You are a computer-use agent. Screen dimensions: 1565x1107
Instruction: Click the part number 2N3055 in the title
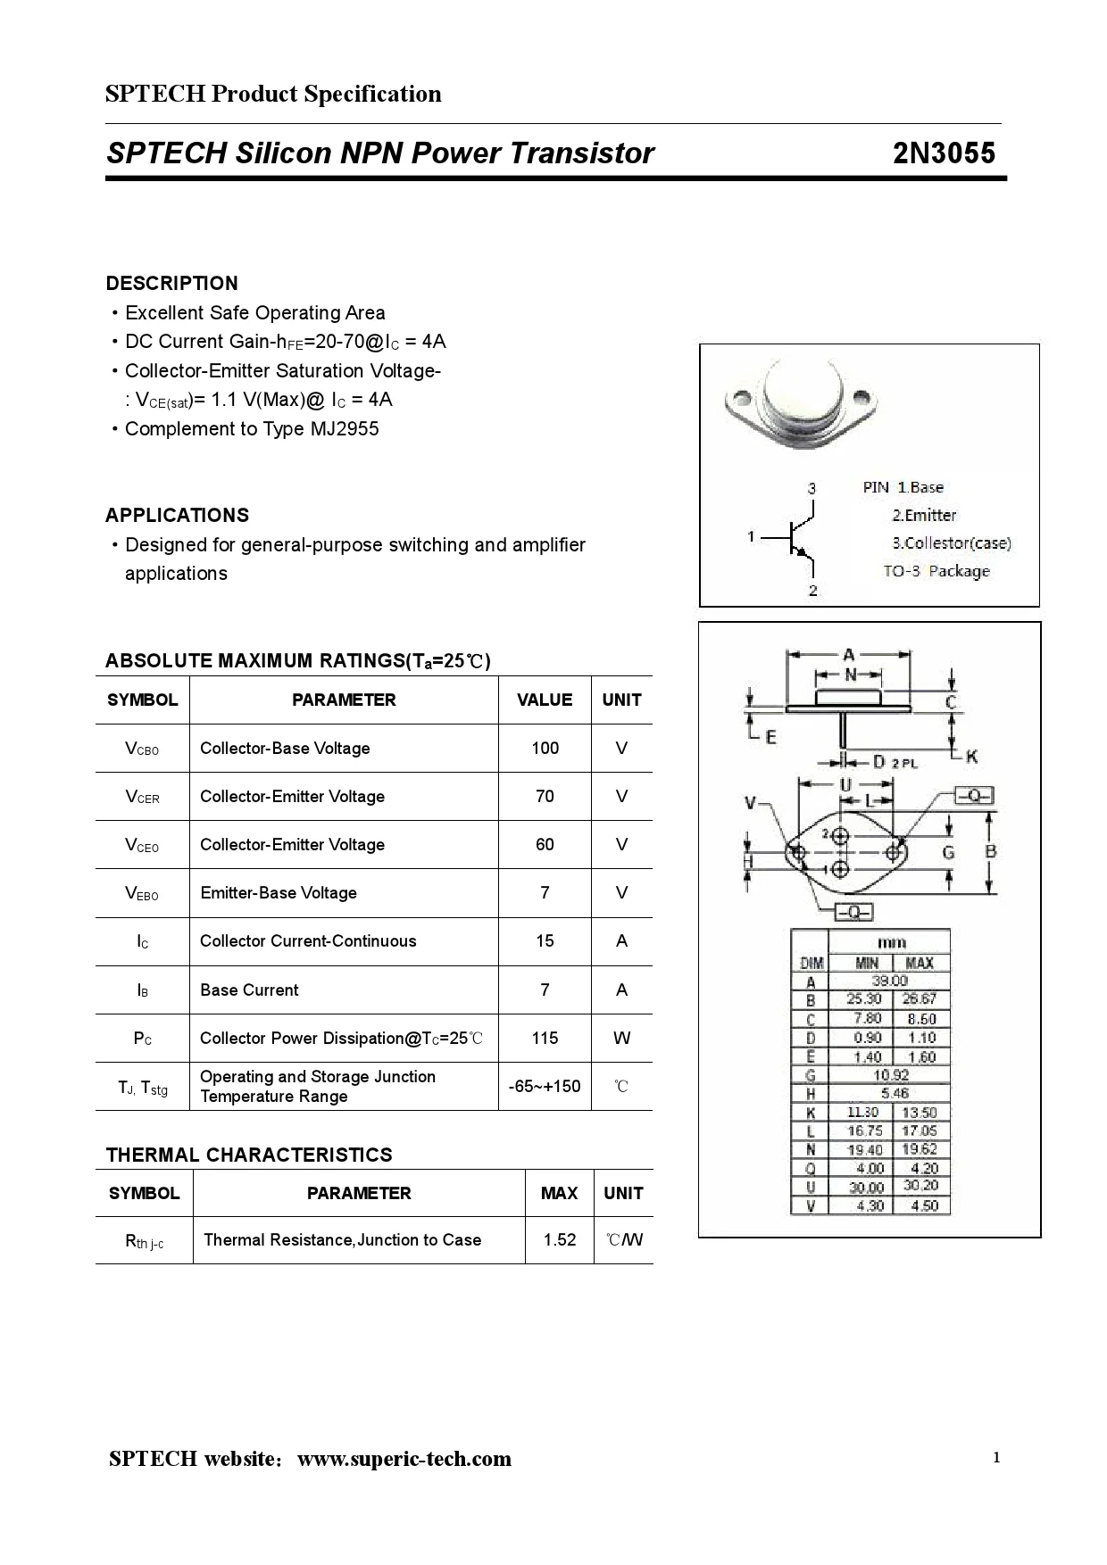coord(944,153)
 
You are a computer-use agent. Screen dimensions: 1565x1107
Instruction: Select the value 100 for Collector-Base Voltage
coord(545,748)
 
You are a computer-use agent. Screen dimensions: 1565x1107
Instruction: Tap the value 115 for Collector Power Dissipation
coord(545,1038)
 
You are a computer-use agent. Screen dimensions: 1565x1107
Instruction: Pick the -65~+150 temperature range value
coord(545,1086)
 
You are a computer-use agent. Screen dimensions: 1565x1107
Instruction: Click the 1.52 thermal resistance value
coord(560,1239)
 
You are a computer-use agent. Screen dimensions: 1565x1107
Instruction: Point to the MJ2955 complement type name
coord(345,428)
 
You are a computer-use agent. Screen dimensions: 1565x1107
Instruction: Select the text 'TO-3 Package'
coord(936,571)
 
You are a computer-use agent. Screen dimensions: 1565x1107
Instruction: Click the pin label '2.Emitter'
coord(924,515)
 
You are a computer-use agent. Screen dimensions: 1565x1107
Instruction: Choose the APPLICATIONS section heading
coord(177,515)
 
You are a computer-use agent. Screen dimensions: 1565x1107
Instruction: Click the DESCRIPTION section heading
coord(171,283)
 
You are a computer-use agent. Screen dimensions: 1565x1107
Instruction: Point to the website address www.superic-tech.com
coord(404,1459)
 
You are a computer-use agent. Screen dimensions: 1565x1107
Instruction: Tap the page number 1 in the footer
coord(996,1458)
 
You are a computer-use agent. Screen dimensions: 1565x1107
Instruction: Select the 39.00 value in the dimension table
coord(889,981)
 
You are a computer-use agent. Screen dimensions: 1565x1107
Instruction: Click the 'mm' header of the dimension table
coord(891,942)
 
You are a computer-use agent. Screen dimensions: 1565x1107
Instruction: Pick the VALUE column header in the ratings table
coord(545,700)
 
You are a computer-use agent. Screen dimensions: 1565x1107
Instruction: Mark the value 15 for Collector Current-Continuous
coord(545,940)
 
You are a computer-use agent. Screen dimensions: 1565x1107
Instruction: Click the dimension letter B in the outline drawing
coord(990,851)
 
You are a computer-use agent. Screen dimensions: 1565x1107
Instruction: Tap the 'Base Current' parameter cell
coord(249,990)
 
